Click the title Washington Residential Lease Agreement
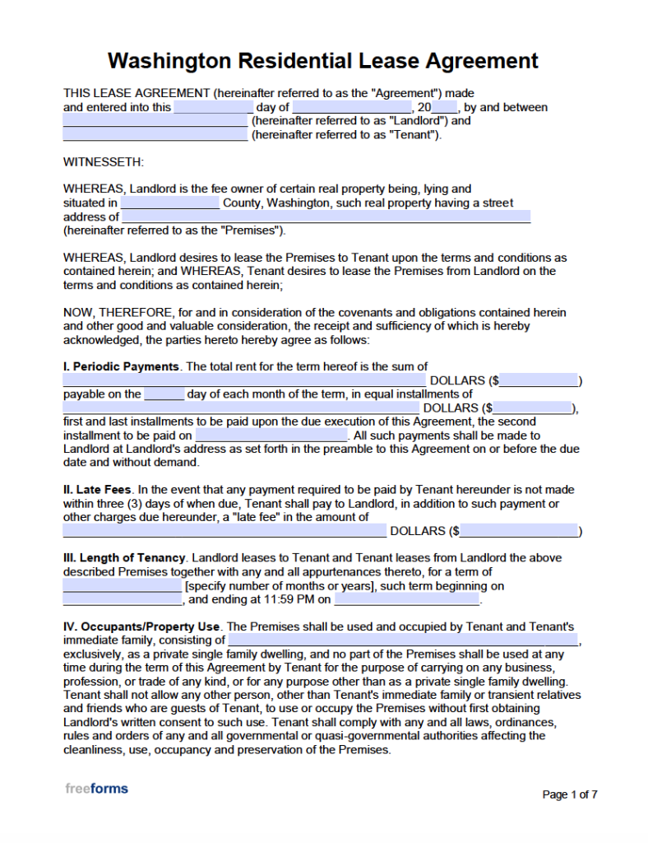(323, 61)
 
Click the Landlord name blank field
(155, 121)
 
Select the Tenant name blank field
(155, 135)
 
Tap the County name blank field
(170, 203)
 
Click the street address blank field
(326, 217)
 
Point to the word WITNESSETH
(104, 162)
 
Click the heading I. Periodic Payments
(122, 366)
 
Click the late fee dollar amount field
(520, 531)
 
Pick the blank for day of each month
(164, 394)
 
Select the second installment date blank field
(271, 435)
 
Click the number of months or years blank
(123, 586)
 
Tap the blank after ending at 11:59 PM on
(407, 600)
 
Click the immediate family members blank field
(403, 640)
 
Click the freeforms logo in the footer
(96, 789)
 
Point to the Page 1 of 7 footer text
(570, 794)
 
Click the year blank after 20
(444, 108)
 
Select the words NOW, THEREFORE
(118, 313)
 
